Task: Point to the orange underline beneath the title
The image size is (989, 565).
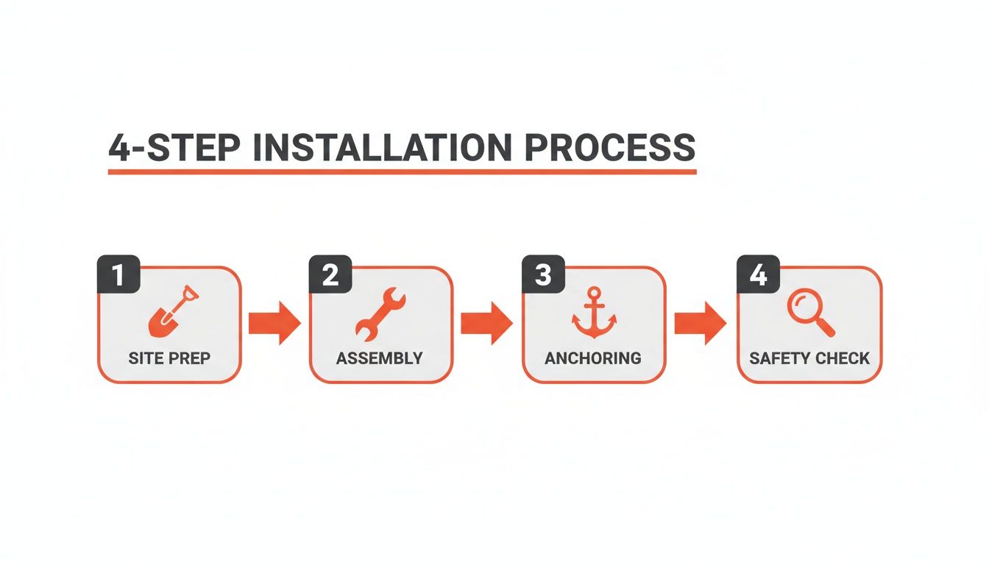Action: pyautogui.click(x=402, y=171)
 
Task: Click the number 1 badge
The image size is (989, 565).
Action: pyautogui.click(x=118, y=275)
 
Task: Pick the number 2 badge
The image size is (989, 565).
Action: pyautogui.click(x=330, y=275)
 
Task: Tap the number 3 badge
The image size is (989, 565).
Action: pyautogui.click(x=543, y=275)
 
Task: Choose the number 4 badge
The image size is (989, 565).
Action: pyautogui.click(x=758, y=275)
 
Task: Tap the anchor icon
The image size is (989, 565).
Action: pyautogui.click(x=594, y=313)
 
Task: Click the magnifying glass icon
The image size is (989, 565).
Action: pyautogui.click(x=809, y=312)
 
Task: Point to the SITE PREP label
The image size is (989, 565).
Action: pyautogui.click(x=169, y=358)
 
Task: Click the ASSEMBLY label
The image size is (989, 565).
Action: pyautogui.click(x=380, y=358)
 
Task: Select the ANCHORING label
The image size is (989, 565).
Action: pyautogui.click(x=593, y=358)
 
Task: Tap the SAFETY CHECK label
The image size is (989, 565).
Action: pyautogui.click(x=809, y=358)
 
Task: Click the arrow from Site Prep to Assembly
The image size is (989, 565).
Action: pyautogui.click(x=274, y=323)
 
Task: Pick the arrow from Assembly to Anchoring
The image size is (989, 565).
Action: pyautogui.click(x=486, y=323)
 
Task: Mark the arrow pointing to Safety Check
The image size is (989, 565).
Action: pyautogui.click(x=700, y=323)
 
